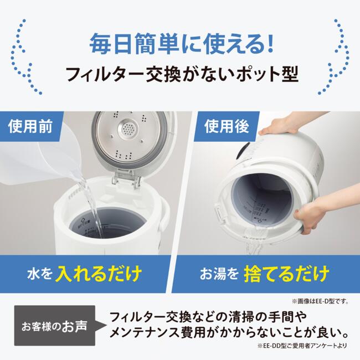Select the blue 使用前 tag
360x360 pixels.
[31, 127]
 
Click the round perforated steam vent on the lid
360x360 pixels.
[129, 130]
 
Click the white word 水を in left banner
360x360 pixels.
[39, 274]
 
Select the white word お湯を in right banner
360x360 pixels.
[219, 274]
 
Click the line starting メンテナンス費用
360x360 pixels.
[229, 334]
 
